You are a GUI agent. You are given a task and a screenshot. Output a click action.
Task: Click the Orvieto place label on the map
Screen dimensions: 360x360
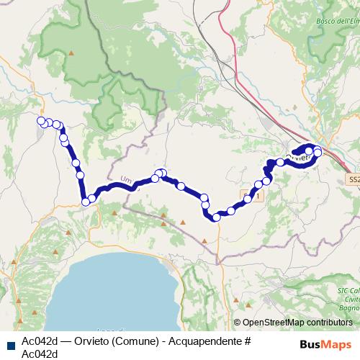coord(297,156)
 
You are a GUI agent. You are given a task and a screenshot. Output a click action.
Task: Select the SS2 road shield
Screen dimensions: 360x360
coord(353,179)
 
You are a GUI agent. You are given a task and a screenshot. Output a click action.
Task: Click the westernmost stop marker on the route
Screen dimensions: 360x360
coord(41,121)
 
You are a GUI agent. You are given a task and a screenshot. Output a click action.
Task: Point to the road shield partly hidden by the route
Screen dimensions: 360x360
coord(249,196)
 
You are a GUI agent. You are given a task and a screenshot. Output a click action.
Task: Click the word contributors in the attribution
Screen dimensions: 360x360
coord(330,323)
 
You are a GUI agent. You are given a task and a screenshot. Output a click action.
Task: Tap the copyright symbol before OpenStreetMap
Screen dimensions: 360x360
coord(238,323)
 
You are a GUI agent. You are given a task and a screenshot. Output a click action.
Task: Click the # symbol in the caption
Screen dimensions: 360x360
coord(246,340)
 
